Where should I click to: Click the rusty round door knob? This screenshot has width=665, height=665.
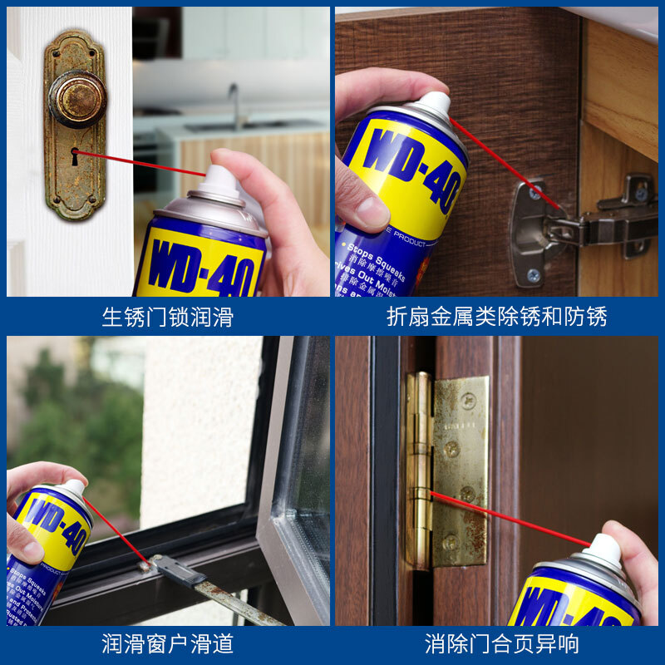pos(76,97)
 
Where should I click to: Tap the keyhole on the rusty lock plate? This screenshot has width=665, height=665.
pos(75,153)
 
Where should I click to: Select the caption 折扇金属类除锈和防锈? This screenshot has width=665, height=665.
pos(496,317)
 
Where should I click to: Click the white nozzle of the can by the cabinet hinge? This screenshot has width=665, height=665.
pos(433,105)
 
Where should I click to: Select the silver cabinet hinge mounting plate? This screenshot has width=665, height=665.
pos(531,233)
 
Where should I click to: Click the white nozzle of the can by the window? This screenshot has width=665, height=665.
pos(73,488)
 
